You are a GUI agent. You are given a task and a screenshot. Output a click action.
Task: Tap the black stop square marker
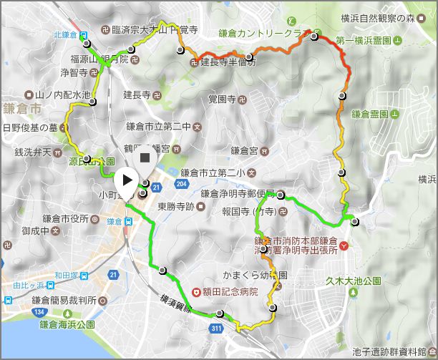tap(145, 157)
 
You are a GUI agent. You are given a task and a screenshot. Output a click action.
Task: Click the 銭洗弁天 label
tap(28, 152)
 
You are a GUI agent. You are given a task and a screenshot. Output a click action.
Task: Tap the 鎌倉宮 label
tap(243, 150)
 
